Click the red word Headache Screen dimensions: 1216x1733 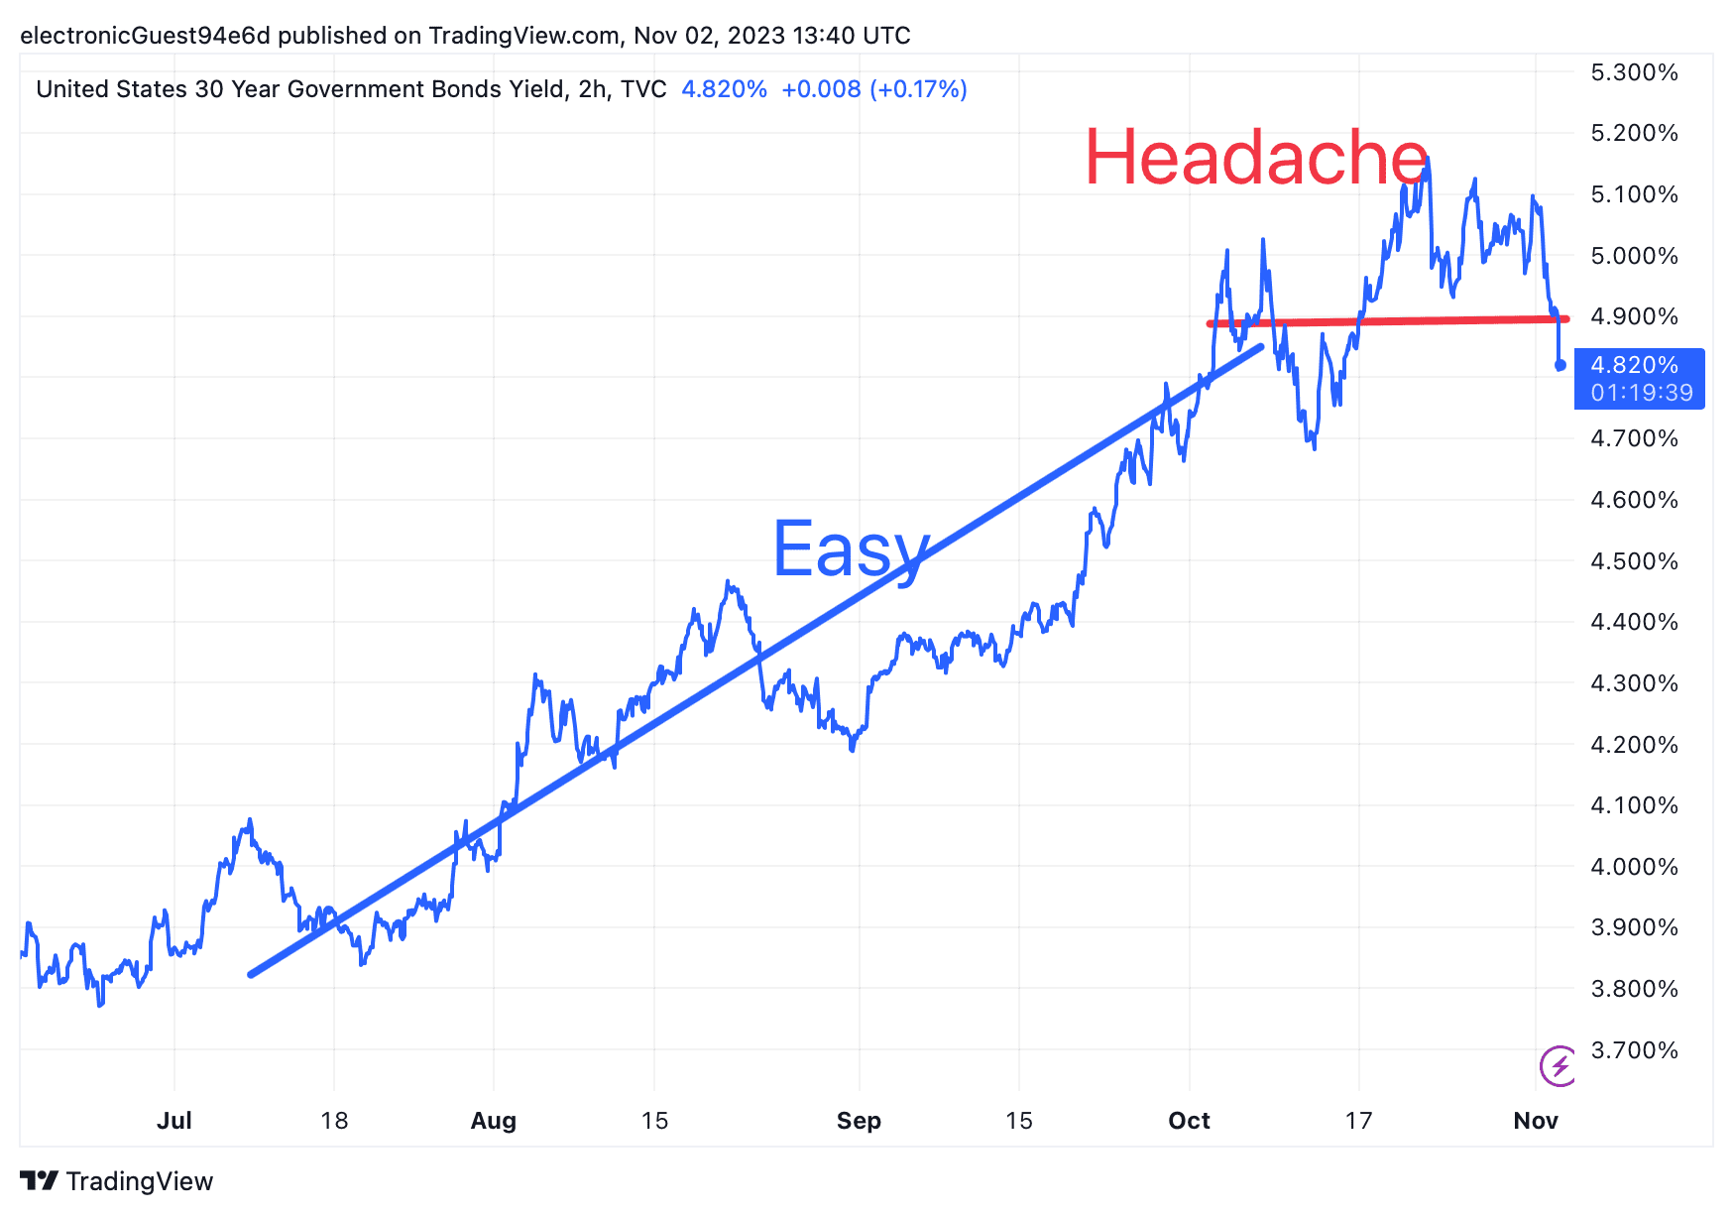pyautogui.click(x=1256, y=158)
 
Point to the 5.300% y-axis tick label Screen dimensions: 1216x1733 pyautogui.click(x=1634, y=72)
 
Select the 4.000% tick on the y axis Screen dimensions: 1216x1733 pyautogui.click(x=1634, y=867)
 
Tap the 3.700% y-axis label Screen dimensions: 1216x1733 pyautogui.click(x=1634, y=1050)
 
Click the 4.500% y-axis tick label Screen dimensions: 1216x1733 pyautogui.click(x=1634, y=561)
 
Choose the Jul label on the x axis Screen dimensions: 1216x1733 pyautogui.click(x=174, y=1121)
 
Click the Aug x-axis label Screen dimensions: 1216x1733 pyautogui.click(x=494, y=1121)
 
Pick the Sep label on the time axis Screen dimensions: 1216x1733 pyautogui.click(x=859, y=1121)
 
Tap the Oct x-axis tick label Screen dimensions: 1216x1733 pyautogui.click(x=1189, y=1121)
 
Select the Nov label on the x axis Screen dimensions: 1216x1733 pyautogui.click(x=1536, y=1121)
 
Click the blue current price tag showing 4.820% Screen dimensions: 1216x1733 pyautogui.click(x=1640, y=378)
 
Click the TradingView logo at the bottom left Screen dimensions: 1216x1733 pyautogui.click(x=117, y=1181)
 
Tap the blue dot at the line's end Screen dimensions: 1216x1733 pyautogui.click(x=1560, y=365)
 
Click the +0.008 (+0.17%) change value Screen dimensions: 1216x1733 pyautogui.click(x=873, y=89)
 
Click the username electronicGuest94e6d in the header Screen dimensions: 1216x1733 pyautogui.click(x=145, y=36)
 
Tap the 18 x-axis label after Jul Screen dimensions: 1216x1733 pyautogui.click(x=334, y=1121)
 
